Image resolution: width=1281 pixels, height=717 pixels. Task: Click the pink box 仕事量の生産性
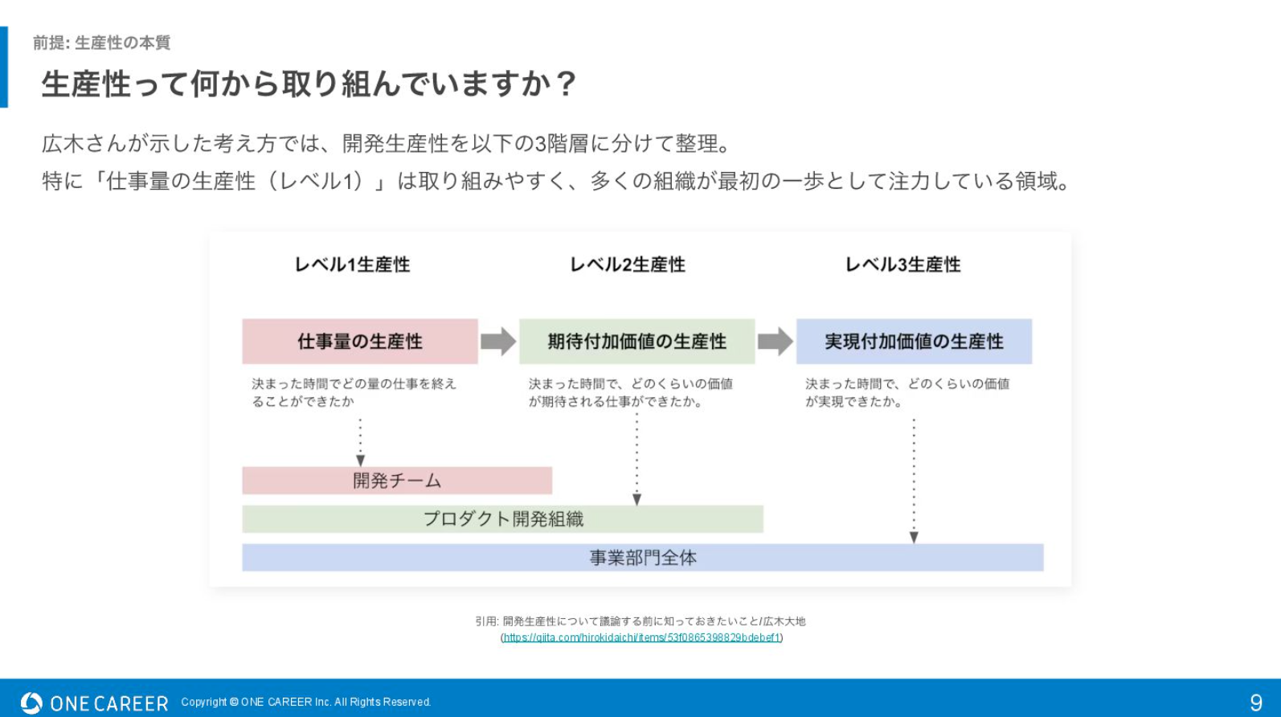(x=360, y=342)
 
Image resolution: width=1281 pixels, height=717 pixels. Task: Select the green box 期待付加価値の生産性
(x=637, y=342)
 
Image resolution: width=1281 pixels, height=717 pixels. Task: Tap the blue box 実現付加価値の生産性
(x=914, y=342)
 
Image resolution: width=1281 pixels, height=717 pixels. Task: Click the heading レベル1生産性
(x=352, y=264)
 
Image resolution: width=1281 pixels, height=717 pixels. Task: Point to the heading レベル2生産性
(x=628, y=264)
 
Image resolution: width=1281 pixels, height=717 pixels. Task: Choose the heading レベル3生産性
(x=903, y=264)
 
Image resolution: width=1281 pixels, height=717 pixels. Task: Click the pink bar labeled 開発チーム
(x=398, y=481)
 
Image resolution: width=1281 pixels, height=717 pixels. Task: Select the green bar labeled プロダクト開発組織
(x=503, y=519)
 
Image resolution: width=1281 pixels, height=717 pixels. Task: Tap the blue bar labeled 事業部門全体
(x=643, y=558)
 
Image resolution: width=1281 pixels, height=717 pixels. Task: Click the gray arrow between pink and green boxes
(x=499, y=342)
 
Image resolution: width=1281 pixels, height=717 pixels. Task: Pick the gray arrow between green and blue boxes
(x=776, y=342)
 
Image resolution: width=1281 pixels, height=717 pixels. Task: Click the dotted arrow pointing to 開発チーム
(x=360, y=443)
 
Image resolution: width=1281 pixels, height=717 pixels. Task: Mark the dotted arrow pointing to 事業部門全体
(x=914, y=481)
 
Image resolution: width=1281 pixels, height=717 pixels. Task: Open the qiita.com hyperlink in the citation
(x=641, y=637)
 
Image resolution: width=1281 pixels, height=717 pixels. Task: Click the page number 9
(x=1256, y=703)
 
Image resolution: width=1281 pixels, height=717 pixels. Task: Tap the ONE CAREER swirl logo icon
(x=31, y=703)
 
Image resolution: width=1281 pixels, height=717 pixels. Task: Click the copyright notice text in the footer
(x=306, y=703)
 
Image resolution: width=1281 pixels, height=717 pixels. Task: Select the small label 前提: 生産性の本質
(x=101, y=43)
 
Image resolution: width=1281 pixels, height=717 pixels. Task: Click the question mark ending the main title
(x=566, y=84)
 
